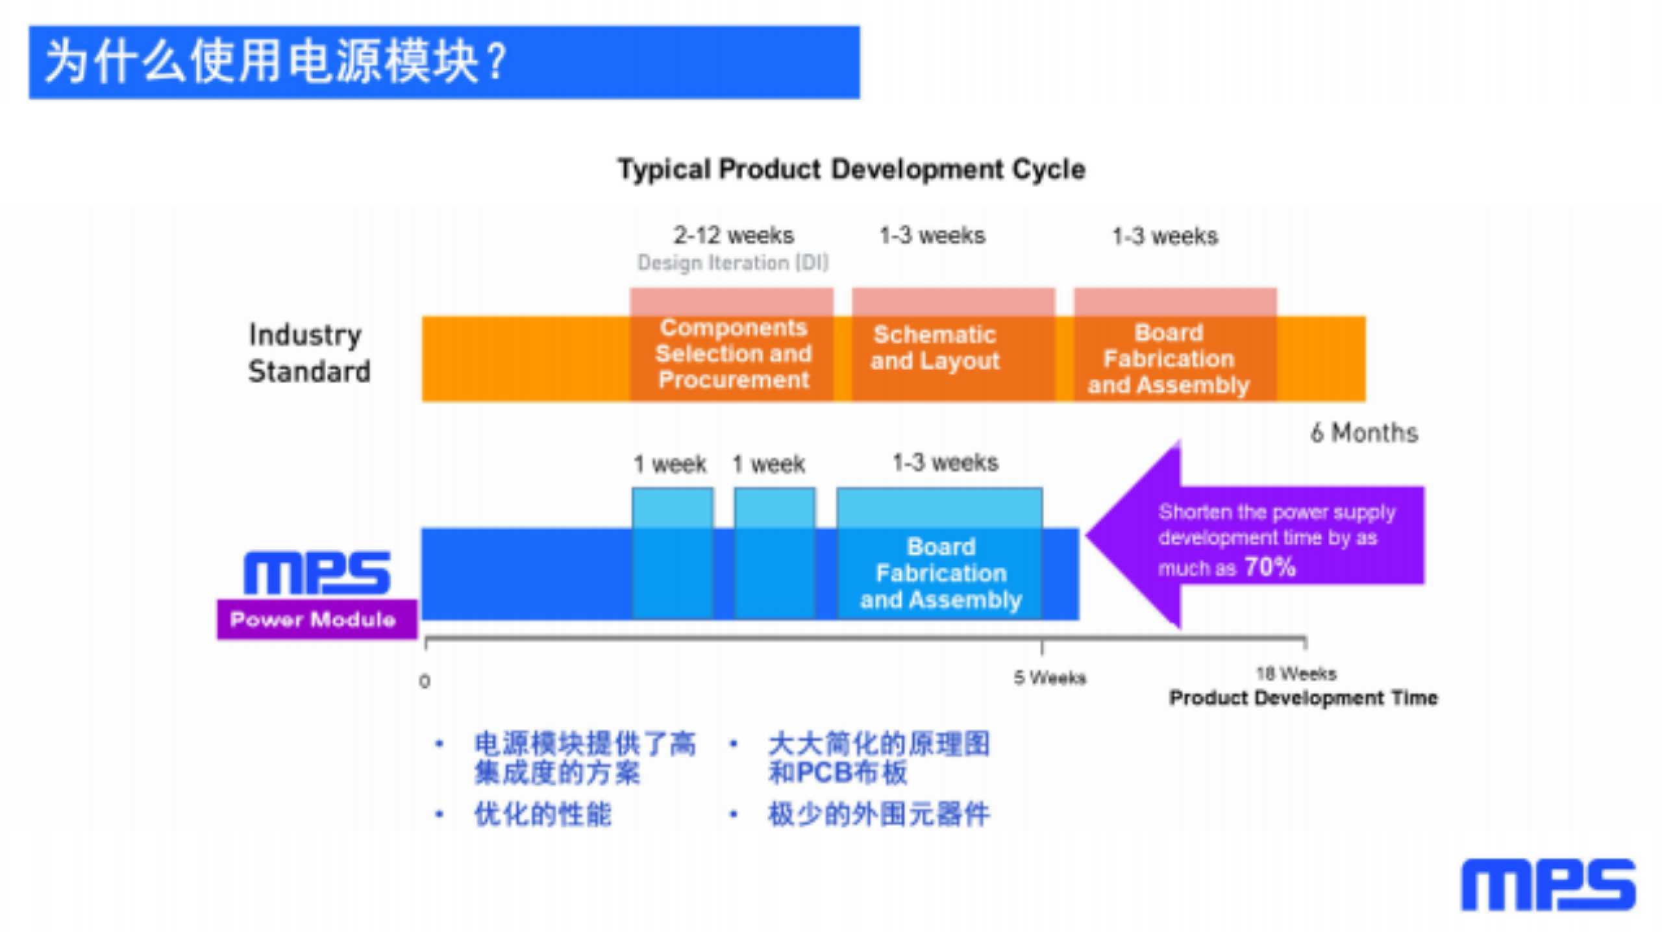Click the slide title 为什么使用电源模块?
click(x=276, y=62)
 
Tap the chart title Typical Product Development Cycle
click(x=851, y=169)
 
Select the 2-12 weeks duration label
click(x=734, y=235)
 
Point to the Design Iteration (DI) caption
click(x=733, y=263)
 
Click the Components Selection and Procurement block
click(x=733, y=354)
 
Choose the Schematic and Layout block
click(x=935, y=347)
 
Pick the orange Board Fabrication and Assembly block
click(x=1169, y=358)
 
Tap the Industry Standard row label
click(x=308, y=353)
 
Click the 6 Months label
click(x=1364, y=433)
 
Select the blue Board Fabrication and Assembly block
click(x=941, y=573)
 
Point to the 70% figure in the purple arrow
click(x=1270, y=567)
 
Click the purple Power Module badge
click(x=316, y=619)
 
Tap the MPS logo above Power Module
click(x=317, y=572)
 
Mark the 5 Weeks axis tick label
click(x=1050, y=678)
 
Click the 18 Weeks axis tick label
click(x=1296, y=674)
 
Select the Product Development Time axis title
click(x=1303, y=698)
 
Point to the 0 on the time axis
click(x=425, y=681)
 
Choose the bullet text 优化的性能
click(x=543, y=815)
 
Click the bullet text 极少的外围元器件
click(x=878, y=815)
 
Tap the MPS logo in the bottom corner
click(x=1548, y=885)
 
